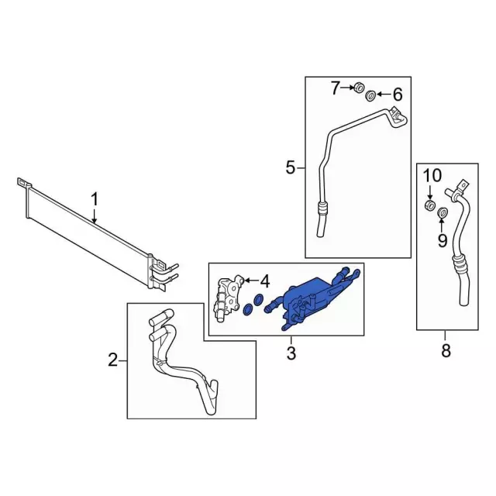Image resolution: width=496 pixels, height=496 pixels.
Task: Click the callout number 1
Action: pos(95,201)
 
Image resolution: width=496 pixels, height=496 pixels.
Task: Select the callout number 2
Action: pos(112,360)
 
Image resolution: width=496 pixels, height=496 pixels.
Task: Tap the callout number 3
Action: pos(291,355)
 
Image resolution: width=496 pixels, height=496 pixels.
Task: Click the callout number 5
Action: pos(291,167)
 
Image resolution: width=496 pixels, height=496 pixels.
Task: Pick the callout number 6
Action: pos(398,95)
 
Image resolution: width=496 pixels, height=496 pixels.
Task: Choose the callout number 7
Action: pos(336,88)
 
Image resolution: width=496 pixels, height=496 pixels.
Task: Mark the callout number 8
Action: pos(446,351)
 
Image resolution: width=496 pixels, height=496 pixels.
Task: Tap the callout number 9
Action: pos(442,240)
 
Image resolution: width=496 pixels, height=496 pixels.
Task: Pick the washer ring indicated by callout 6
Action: pos(371,95)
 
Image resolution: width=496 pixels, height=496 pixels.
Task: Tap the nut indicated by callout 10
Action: pos(429,205)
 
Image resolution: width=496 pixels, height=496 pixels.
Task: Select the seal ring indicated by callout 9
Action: pos(444,213)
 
